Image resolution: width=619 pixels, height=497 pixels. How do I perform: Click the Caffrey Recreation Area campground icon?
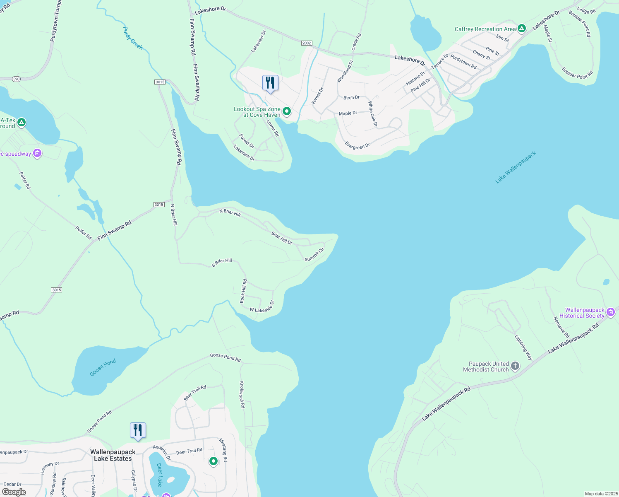tap(522, 29)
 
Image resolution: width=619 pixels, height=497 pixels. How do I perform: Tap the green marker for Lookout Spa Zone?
tap(286, 111)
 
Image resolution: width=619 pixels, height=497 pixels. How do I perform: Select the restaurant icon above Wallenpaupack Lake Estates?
tap(138, 430)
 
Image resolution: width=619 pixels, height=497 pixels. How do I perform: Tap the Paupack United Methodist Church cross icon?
tap(515, 366)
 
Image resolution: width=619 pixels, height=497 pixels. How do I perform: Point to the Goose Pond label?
tap(103, 367)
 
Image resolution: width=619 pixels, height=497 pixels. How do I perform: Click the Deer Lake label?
tap(160, 474)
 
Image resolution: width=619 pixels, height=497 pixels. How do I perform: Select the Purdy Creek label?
tap(133, 38)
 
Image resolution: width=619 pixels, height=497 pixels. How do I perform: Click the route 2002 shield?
tap(307, 43)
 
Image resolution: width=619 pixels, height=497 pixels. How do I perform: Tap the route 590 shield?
tap(16, 79)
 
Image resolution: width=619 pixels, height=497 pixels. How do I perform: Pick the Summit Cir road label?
tap(314, 255)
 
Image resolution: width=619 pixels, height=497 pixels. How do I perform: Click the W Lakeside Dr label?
tap(262, 307)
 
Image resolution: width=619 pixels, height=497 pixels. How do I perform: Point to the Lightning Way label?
tap(523, 347)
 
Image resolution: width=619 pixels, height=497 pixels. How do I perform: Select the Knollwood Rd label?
tap(242, 394)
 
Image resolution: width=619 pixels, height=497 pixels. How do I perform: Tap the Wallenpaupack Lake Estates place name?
tap(113, 455)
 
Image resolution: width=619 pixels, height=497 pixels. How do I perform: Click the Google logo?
tap(14, 492)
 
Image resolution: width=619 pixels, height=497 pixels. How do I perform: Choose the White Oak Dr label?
tap(373, 114)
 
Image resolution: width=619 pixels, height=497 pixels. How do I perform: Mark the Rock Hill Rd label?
tap(244, 291)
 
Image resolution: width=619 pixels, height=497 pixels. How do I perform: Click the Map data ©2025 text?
tap(601, 494)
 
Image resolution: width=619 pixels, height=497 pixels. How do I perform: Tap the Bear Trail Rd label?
tap(195, 392)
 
